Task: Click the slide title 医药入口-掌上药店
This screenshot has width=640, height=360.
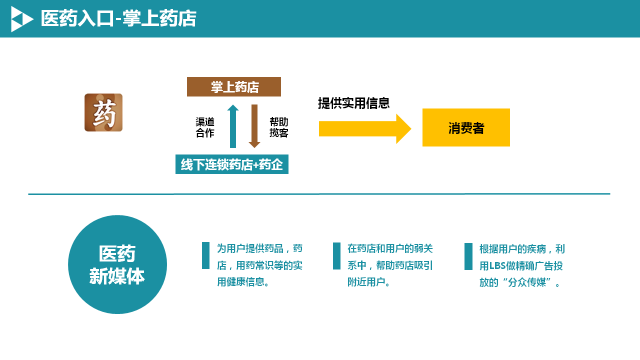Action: tap(119, 19)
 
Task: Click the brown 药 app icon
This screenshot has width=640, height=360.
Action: tap(104, 112)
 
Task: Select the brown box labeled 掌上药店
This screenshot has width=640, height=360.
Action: tap(233, 87)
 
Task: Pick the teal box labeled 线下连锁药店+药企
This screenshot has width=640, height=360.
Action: tap(232, 164)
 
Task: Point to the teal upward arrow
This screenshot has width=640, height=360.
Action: tap(232, 126)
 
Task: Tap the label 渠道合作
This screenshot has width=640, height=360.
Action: tap(205, 126)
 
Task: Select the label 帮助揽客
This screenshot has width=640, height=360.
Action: tap(279, 126)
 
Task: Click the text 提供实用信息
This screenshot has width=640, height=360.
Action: tap(354, 102)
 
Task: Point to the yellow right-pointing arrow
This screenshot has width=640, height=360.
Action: tap(365, 128)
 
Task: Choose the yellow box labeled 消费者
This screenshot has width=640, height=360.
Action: tap(466, 128)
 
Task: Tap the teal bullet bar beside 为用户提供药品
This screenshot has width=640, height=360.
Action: tap(206, 256)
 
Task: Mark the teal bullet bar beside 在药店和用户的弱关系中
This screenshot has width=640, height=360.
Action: tap(337, 256)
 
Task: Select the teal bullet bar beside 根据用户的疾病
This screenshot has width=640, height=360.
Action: tap(469, 256)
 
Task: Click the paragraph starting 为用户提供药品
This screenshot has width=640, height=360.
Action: tap(260, 265)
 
